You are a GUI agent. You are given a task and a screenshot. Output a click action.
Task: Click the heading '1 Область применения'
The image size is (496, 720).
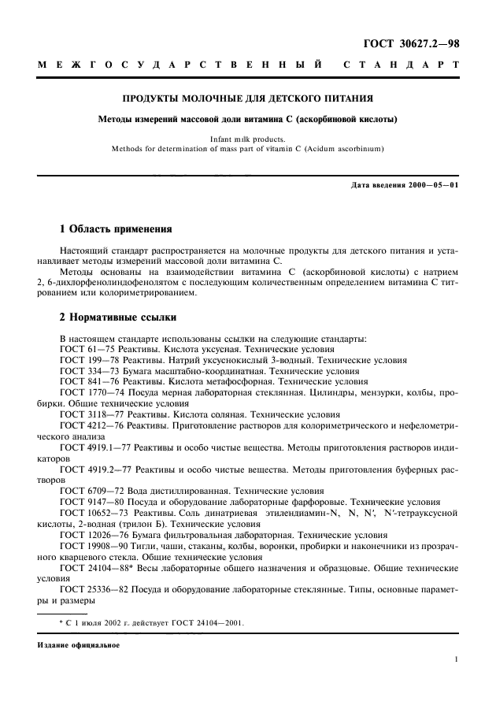pos(116,229)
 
